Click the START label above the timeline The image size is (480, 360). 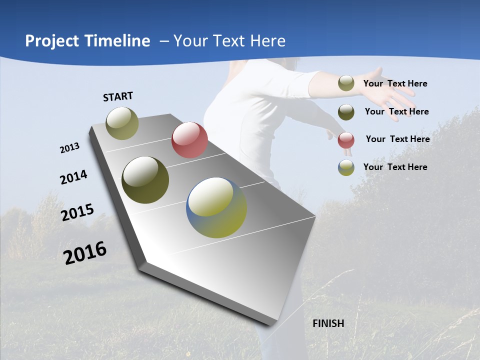coord(118,96)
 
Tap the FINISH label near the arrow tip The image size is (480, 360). coord(328,323)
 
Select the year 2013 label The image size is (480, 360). coord(70,148)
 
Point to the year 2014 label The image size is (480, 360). coord(74,177)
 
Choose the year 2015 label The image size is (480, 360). coord(77,212)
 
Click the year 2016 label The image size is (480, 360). coord(85,252)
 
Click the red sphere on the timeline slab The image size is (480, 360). coord(189,140)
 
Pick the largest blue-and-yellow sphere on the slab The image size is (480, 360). coord(216,207)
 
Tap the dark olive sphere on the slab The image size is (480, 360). coord(145,180)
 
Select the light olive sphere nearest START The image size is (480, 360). coord(122,123)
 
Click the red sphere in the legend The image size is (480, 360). coord(346,140)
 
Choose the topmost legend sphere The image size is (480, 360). coord(346,83)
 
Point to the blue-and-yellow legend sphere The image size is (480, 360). coord(346,167)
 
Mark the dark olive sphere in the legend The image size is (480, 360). coord(346,112)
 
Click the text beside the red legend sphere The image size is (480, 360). coord(397,139)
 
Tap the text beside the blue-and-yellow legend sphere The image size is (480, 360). coord(395,167)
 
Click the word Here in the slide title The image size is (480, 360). coord(267,41)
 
